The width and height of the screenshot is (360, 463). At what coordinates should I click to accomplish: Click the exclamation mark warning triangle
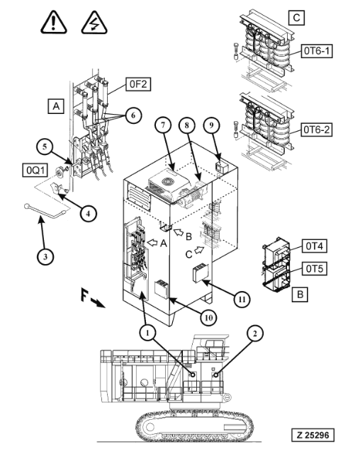coord(53,22)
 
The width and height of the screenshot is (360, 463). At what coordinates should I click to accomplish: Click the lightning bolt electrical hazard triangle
coord(94,23)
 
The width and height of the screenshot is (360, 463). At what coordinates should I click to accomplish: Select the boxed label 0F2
coord(138,84)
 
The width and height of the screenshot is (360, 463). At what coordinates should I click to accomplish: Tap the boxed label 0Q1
coord(35,170)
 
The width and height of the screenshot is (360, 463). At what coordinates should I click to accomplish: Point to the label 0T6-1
coord(317,51)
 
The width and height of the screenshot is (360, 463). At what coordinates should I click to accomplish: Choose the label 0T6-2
coord(317,130)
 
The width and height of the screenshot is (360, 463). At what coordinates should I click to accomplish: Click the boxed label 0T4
coord(314,246)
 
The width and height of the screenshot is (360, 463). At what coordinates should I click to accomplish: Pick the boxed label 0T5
coord(314,268)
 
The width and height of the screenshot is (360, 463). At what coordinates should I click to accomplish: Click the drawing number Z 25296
coord(313,435)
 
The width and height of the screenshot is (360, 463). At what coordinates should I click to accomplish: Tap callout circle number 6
coord(133,115)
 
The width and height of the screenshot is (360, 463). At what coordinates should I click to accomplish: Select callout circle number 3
coord(45,256)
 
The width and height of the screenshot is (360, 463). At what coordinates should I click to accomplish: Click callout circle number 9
coord(211,125)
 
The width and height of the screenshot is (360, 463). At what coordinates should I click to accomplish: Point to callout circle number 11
coord(242,299)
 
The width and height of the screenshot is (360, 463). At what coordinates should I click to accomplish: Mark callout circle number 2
coord(254,333)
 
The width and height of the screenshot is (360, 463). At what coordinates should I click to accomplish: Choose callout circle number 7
coord(163,125)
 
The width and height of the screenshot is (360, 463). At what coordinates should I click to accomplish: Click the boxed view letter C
coord(296,18)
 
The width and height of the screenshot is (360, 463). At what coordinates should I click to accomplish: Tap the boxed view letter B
coord(300,294)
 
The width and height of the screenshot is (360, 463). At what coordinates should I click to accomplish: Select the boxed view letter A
coord(56,105)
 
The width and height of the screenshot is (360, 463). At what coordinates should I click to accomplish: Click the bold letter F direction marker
coord(84,295)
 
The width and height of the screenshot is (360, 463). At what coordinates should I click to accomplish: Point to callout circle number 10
coord(208,318)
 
